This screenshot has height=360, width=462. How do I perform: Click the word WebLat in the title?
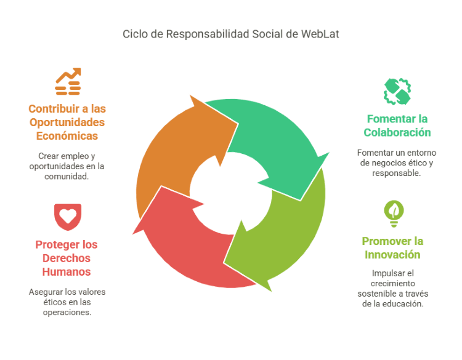tap(320, 34)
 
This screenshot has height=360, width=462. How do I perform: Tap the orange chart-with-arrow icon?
tap(68, 81)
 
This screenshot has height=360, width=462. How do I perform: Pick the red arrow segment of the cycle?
tap(185, 246)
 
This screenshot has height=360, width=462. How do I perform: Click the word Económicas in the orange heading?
tap(67, 136)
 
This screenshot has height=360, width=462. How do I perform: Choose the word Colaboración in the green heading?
tap(397, 132)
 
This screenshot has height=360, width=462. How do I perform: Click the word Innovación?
tap(392, 255)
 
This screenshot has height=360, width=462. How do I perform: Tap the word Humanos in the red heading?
tap(67, 271)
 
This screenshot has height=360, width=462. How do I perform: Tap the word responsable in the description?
tap(397, 173)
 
